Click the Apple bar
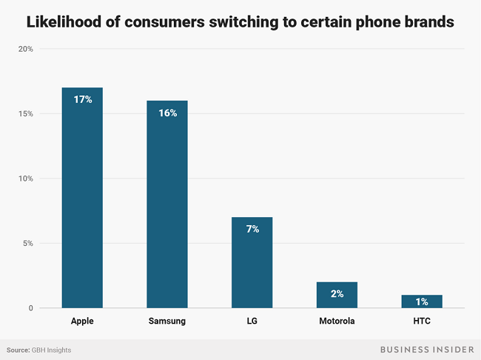click(x=82, y=200)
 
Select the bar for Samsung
click(x=166, y=207)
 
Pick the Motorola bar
click(x=337, y=295)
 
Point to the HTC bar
click(x=421, y=301)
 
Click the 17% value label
click(x=82, y=99)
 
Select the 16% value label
click(x=166, y=113)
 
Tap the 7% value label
click(x=252, y=229)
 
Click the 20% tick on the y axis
click(x=25, y=49)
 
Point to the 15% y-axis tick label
click(x=25, y=113)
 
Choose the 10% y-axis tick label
click(x=25, y=179)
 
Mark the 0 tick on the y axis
click(x=30, y=308)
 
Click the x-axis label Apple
click(x=82, y=321)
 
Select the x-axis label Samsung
click(x=166, y=321)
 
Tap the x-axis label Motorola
click(x=337, y=321)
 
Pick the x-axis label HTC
click(x=421, y=321)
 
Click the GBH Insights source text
click(x=51, y=350)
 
